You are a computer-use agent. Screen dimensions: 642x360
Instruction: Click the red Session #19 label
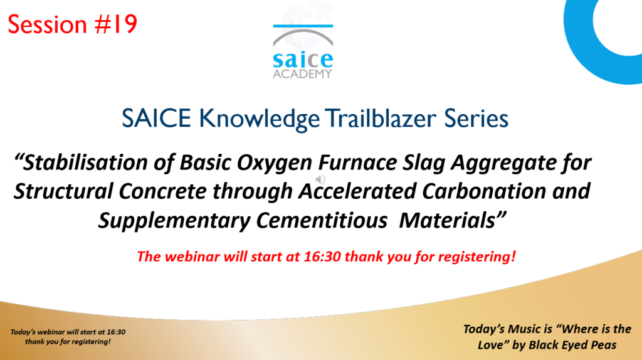click(x=73, y=24)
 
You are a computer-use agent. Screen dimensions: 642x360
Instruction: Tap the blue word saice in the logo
click(x=303, y=60)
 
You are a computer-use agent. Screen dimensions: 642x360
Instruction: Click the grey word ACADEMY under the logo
click(x=303, y=74)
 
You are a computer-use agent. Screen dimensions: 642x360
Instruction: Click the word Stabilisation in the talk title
click(x=81, y=162)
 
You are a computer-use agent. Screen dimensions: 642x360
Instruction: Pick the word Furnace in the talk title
click(x=357, y=162)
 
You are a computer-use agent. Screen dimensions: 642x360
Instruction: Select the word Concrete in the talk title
click(x=162, y=191)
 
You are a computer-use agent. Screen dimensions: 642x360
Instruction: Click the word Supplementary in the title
click(x=174, y=221)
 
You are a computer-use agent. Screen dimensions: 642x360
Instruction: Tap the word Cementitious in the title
click(x=322, y=221)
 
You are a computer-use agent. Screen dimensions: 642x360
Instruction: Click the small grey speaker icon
click(x=320, y=179)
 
